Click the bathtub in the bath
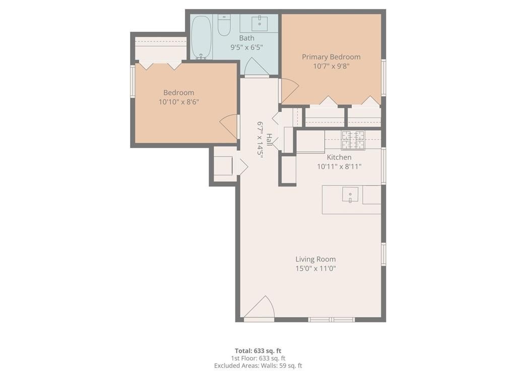(201, 37)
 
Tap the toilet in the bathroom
(224, 25)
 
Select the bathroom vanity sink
(260, 23)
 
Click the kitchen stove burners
(353, 140)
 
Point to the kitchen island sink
(350, 195)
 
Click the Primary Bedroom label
(331, 57)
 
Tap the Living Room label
(315, 260)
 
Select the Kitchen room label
(339, 157)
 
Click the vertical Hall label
(269, 140)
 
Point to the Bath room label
(246, 38)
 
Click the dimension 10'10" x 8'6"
(179, 102)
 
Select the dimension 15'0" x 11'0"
(315, 269)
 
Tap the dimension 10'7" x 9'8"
(331, 66)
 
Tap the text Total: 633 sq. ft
(258, 351)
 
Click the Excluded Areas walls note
(258, 366)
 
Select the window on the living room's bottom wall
(332, 320)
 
